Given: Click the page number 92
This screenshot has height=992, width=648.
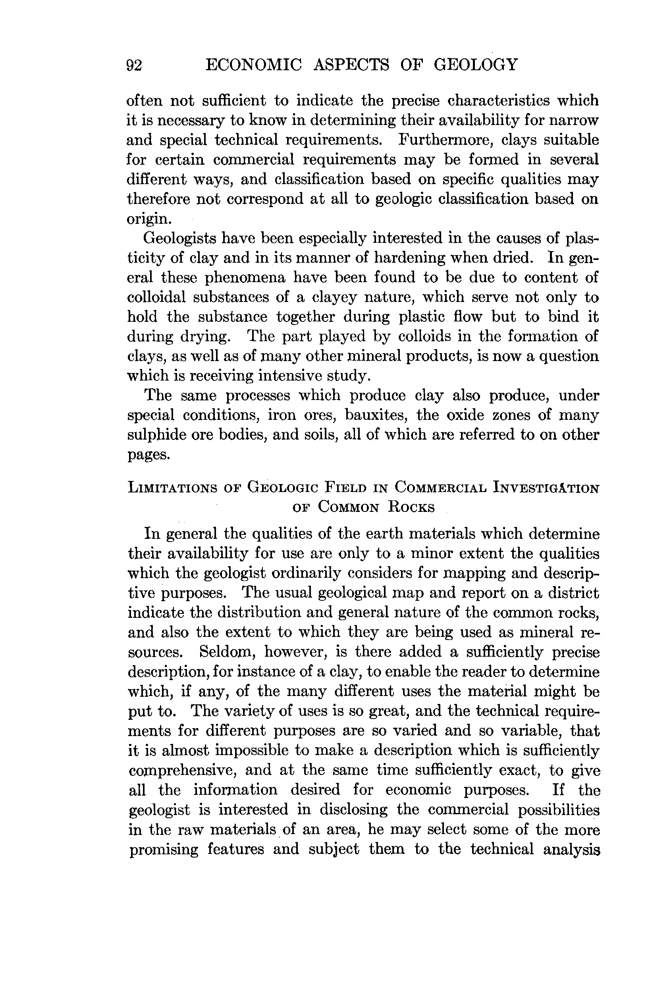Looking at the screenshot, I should pos(134,66).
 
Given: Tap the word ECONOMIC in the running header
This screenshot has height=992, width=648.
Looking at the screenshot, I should pos(254,65).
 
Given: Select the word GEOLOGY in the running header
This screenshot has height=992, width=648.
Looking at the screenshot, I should pos(476,65).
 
